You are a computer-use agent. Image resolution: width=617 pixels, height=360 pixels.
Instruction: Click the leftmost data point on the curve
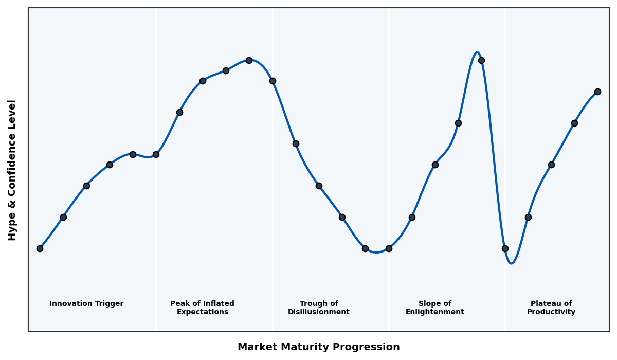(x=40, y=248)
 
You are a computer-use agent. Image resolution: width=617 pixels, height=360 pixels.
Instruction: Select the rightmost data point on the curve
(x=597, y=92)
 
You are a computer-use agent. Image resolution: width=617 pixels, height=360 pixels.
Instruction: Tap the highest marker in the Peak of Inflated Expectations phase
(x=249, y=60)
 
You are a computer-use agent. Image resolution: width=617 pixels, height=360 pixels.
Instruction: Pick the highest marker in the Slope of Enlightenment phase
(x=481, y=60)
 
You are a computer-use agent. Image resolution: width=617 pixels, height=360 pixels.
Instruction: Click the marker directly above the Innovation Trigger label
(x=86, y=186)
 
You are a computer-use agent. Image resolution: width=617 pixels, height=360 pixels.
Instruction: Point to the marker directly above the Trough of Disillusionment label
(x=319, y=186)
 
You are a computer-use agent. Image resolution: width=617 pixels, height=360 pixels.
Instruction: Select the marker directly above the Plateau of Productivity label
(x=551, y=165)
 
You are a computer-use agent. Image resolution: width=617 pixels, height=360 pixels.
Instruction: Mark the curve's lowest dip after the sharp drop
(x=511, y=263)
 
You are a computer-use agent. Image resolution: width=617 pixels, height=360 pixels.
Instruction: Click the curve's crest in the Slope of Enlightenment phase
(x=477, y=52)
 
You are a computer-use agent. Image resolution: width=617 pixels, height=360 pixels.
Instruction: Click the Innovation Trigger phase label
(x=86, y=304)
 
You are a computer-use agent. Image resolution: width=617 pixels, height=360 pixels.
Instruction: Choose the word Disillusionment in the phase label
(x=319, y=312)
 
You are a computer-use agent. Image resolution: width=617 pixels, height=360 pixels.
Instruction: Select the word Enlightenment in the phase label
(x=435, y=312)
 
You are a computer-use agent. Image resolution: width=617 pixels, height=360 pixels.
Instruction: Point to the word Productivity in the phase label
(x=551, y=312)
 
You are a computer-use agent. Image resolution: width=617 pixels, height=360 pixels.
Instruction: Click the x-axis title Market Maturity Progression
(x=319, y=347)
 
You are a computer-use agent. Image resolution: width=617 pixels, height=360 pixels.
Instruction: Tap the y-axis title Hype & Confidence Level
(x=12, y=170)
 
